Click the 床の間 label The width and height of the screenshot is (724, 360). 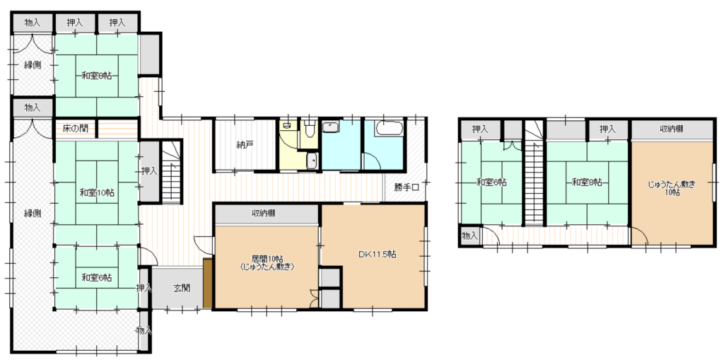(x=76, y=128)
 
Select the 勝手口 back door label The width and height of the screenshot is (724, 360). (x=407, y=187)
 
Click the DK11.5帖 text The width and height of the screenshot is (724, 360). (x=377, y=254)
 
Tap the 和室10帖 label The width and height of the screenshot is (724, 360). (x=96, y=192)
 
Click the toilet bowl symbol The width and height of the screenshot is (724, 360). (x=310, y=127)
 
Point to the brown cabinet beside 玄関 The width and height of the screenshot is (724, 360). (x=207, y=284)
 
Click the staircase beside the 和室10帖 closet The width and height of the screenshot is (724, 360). (x=171, y=171)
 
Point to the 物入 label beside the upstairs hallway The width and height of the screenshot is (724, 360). (x=469, y=236)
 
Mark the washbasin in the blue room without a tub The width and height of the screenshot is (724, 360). (x=331, y=127)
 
